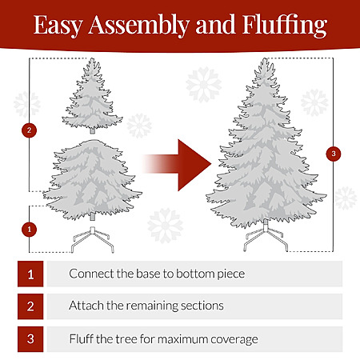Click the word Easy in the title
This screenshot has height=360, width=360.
click(58, 25)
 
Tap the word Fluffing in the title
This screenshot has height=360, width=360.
click(285, 25)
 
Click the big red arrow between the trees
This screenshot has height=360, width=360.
click(177, 165)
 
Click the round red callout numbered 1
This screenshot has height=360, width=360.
click(29, 230)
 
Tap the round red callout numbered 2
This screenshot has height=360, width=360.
click(29, 130)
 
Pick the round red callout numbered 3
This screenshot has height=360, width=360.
click(334, 154)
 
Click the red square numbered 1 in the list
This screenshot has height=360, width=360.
click(30, 274)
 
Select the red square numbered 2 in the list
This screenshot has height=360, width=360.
click(30, 306)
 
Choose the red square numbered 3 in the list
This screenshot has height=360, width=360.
click(30, 339)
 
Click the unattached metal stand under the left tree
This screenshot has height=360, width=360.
click(93, 239)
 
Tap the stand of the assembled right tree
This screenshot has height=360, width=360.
click(266, 236)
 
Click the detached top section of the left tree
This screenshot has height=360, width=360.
click(92, 96)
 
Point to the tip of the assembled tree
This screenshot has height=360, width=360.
click(265, 58)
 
